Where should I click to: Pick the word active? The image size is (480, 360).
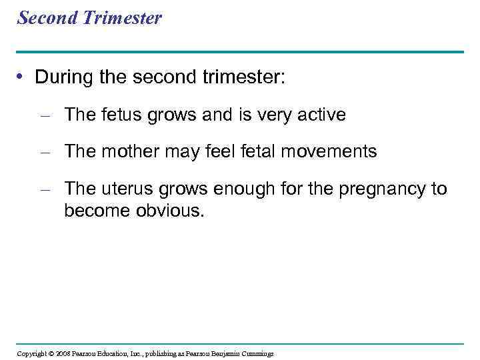tap(322, 115)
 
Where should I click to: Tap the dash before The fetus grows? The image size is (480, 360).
tap(45, 115)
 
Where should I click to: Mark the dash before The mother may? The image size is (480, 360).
tap(45, 152)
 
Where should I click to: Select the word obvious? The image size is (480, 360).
tap(170, 211)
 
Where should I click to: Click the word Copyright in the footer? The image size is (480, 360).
tap(31, 353)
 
